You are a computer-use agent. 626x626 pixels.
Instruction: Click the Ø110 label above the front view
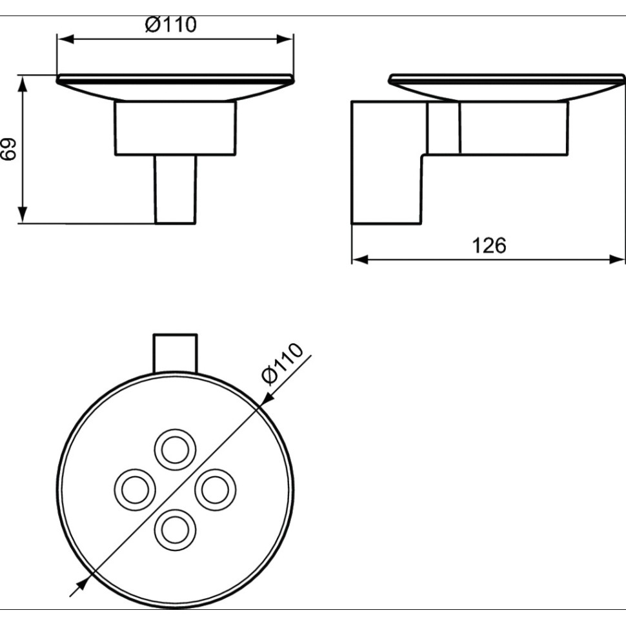[x=170, y=25]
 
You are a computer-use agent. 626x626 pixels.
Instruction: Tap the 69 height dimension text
[x=8, y=150]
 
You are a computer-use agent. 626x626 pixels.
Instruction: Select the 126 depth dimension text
[x=489, y=245]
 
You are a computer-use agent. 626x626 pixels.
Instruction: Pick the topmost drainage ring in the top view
[x=174, y=448]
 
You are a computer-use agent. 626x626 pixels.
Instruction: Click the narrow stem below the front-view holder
[x=175, y=190]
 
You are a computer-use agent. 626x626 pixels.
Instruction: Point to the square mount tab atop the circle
[x=175, y=352]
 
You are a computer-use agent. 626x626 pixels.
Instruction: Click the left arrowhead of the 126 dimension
[x=359, y=259]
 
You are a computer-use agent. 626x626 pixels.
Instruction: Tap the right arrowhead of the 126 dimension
[x=618, y=259]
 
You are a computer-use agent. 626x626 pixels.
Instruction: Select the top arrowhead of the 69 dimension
[x=23, y=83]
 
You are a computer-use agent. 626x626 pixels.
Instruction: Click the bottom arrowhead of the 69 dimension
[x=23, y=216]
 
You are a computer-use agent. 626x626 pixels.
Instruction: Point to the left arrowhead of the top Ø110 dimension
[x=65, y=39]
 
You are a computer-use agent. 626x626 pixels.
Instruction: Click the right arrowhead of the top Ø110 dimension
[x=287, y=39]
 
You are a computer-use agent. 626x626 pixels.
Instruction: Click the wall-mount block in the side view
[x=386, y=163]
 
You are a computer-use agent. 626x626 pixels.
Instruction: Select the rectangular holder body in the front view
[x=175, y=128]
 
